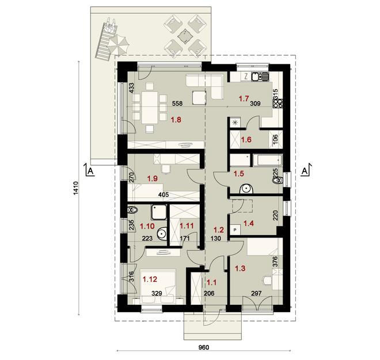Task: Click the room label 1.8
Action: [176, 120]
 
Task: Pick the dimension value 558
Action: [179, 105]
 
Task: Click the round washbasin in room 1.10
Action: [162, 234]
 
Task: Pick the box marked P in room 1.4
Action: [235, 229]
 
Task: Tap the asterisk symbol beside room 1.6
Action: [235, 122]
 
